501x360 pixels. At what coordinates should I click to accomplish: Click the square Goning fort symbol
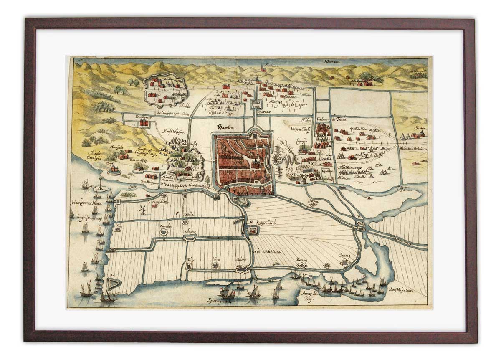(x=345, y=264)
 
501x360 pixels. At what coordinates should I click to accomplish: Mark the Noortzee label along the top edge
(x=332, y=62)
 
